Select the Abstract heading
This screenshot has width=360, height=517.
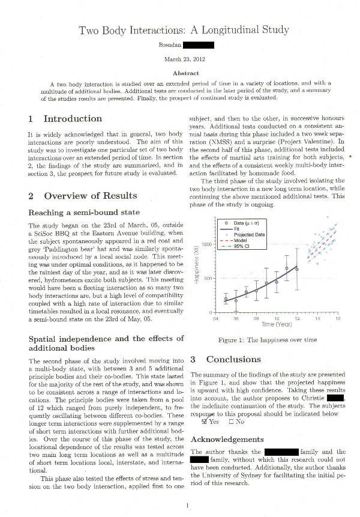(185, 73)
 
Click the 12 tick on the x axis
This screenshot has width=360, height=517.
(297, 319)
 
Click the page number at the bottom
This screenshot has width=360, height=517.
(188, 506)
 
